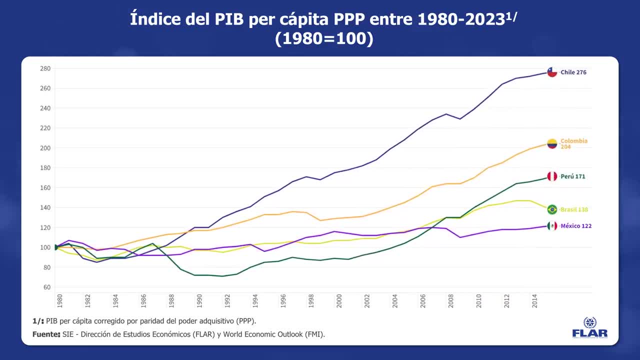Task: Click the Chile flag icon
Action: tap(552, 72)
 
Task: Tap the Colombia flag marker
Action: tap(552, 144)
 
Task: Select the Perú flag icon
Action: tap(552, 176)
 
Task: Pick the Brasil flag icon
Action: tap(552, 209)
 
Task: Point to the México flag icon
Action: tap(552, 226)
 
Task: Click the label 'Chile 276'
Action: tap(573, 72)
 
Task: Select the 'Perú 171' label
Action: tap(572, 176)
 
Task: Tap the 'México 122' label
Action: tap(576, 226)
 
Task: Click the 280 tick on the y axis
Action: tap(45, 68)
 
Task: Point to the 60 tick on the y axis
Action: tap(47, 287)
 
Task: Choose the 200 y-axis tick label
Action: tap(45, 148)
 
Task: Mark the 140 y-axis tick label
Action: tap(45, 207)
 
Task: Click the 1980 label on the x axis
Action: tap(59, 300)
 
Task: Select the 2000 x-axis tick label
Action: tap(339, 300)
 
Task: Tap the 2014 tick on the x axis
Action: tap(534, 300)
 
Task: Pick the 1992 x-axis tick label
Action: tap(227, 300)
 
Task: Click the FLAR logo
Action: tap(590, 328)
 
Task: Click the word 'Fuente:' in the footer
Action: tap(46, 334)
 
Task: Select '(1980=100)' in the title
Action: tap(324, 39)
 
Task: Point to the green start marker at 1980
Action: tap(55, 247)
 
